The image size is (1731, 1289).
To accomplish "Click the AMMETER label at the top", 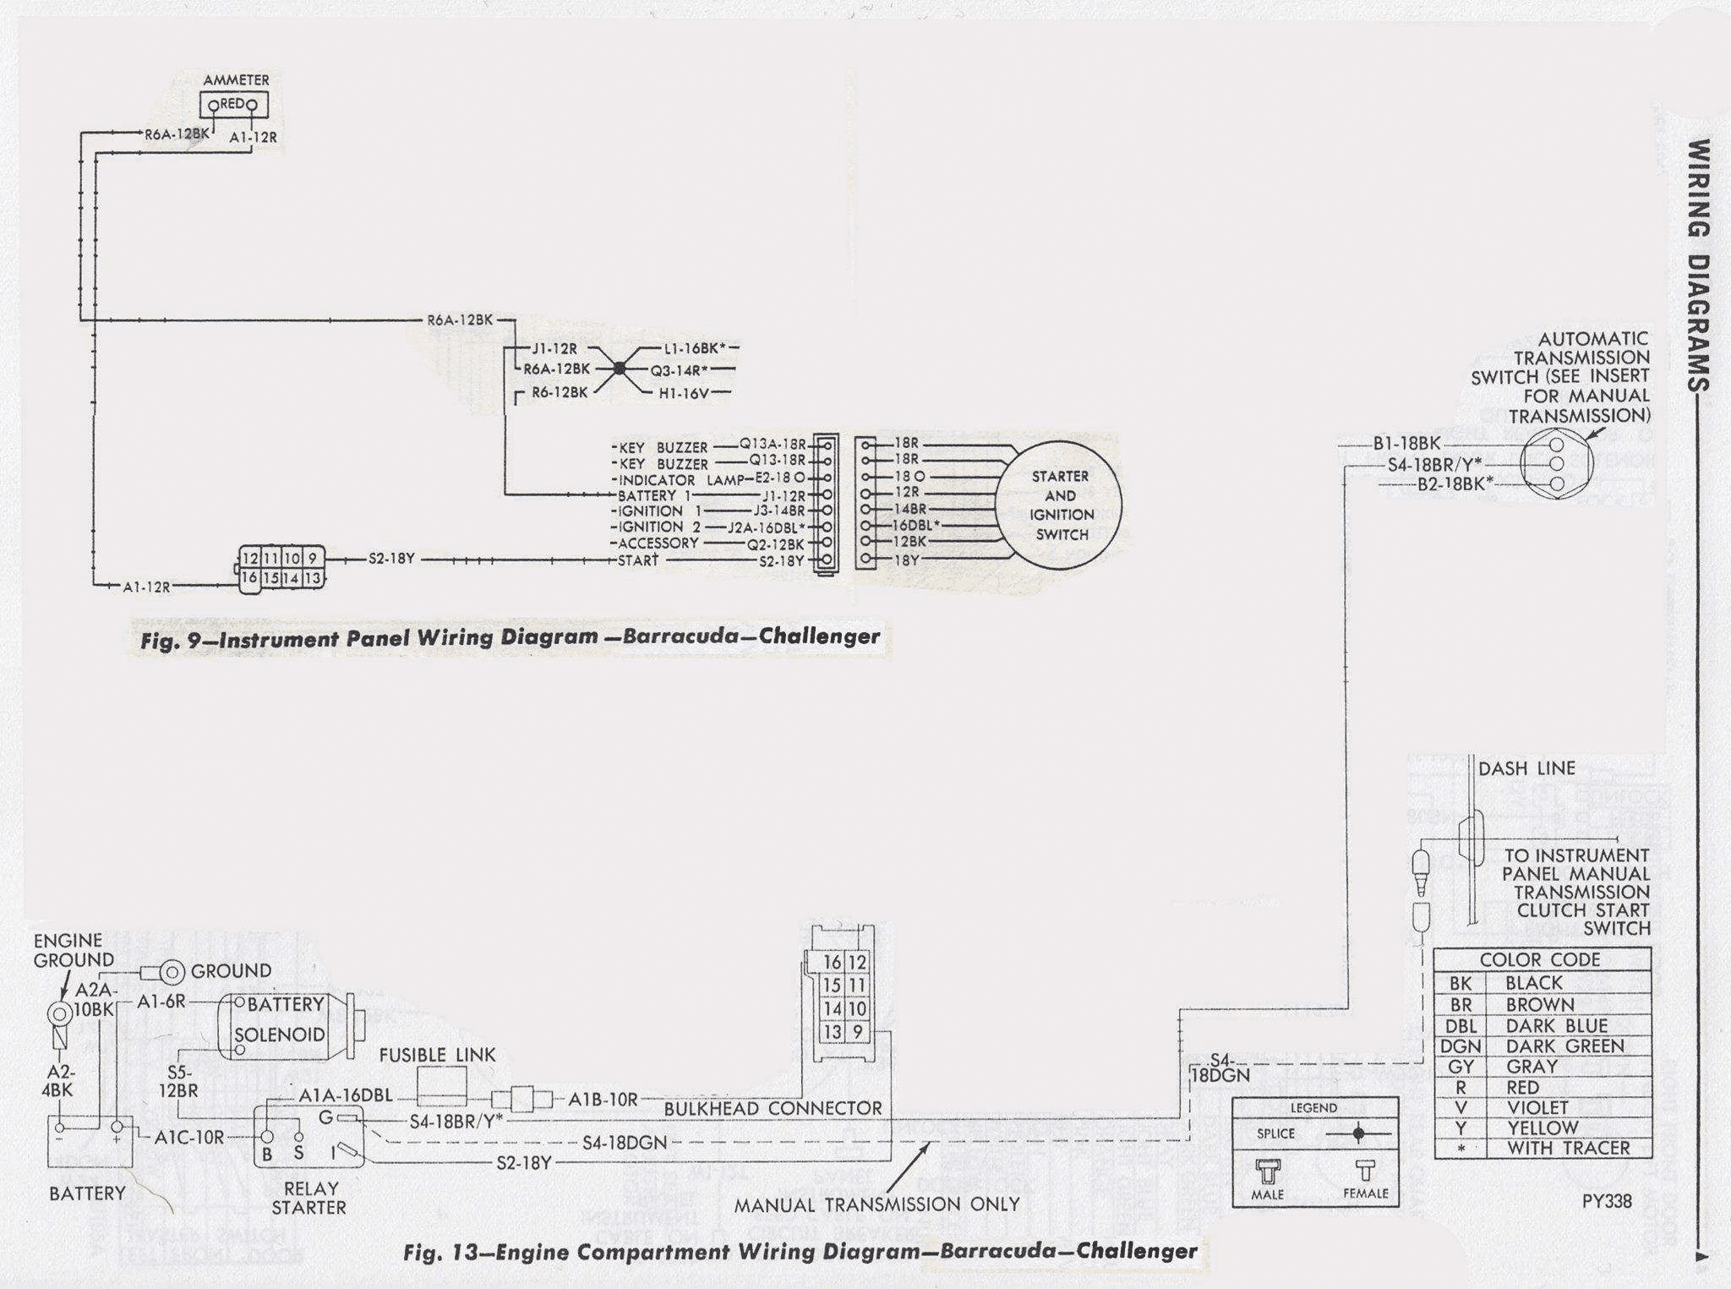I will coord(236,79).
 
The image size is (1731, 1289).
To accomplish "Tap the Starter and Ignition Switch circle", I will coord(1060,505).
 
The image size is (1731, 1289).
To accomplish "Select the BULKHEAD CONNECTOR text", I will coord(773,1108).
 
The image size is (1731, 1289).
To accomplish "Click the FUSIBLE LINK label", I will coord(437,1055).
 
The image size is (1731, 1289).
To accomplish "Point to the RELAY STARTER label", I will coord(309,1198).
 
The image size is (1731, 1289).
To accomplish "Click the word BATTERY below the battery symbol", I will coord(87,1193).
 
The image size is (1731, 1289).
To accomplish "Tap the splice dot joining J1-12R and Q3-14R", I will coord(619,369).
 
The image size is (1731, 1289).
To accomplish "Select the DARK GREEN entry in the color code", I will coord(1564,1046).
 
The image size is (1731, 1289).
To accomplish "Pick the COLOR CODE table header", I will coord(1540,959).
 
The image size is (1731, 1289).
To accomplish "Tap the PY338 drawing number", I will coord(1607,1201).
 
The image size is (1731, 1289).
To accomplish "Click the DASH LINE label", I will coord(1526,768).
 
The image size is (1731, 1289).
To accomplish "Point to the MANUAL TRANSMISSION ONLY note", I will coord(876,1204).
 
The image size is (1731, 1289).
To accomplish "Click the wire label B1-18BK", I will coord(1406,443).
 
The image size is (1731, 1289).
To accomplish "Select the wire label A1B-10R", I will coord(603,1100).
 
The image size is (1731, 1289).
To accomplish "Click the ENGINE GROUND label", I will coord(74,950).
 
